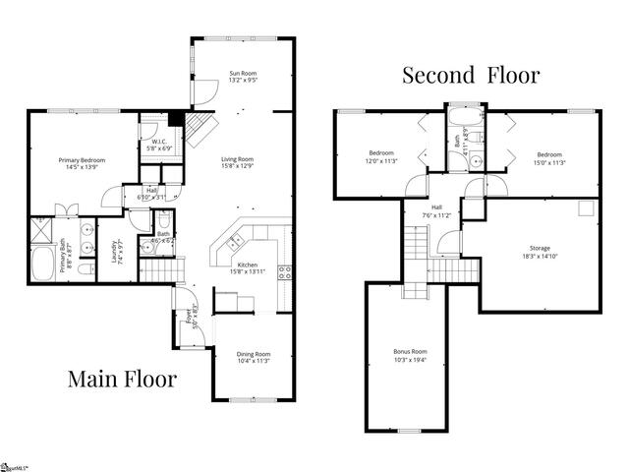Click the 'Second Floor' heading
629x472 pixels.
[x=470, y=76]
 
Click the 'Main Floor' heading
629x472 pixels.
[x=122, y=378]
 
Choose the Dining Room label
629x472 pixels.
[x=253, y=357]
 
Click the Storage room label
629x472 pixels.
[x=536, y=252]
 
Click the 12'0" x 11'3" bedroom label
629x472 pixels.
[x=381, y=156]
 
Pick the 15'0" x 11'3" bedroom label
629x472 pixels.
[x=548, y=156]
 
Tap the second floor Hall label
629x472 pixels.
[x=435, y=211]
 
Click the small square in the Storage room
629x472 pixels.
[x=587, y=207]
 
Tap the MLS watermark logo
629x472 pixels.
[x=15, y=465]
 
